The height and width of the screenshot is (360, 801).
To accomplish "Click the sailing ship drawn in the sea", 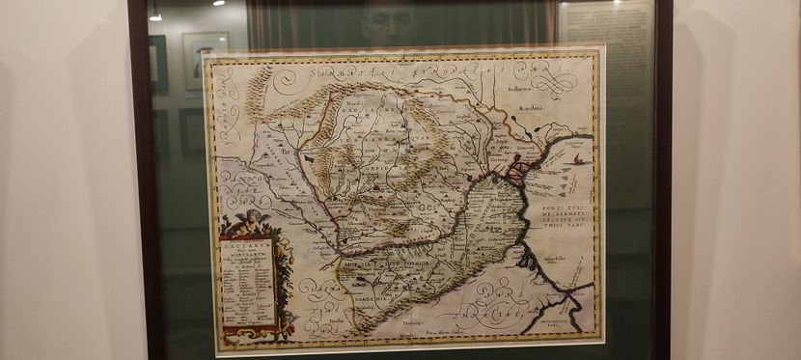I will pyautogui.click(x=577, y=159).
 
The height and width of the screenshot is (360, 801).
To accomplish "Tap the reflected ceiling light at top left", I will pyautogui.click(x=155, y=15).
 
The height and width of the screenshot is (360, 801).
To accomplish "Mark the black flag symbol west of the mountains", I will pyautogui.click(x=308, y=157).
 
